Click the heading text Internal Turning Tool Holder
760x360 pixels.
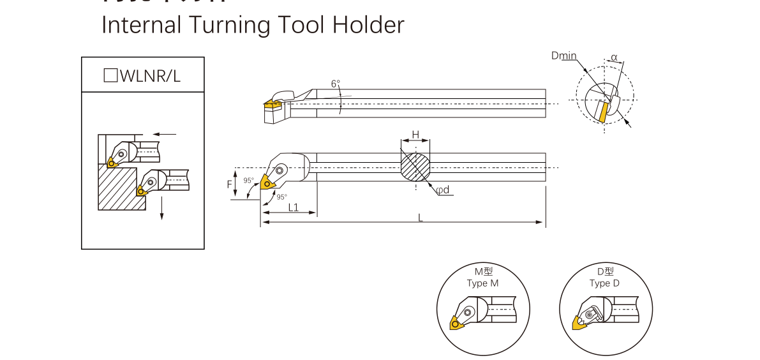click(x=253, y=25)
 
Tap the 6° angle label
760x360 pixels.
click(x=336, y=84)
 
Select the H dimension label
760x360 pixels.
click(x=415, y=134)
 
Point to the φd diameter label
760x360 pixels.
click(x=443, y=190)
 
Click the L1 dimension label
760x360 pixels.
click(x=294, y=207)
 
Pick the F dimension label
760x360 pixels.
click(x=230, y=184)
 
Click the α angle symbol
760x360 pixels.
click(x=614, y=57)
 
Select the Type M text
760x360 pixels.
click(x=482, y=283)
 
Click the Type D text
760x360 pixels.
click(x=604, y=283)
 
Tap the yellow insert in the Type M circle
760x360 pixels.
click(x=458, y=323)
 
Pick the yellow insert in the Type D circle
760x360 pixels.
click(x=580, y=324)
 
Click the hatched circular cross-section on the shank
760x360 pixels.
click(x=415, y=167)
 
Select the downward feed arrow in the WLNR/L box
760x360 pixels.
click(x=162, y=207)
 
